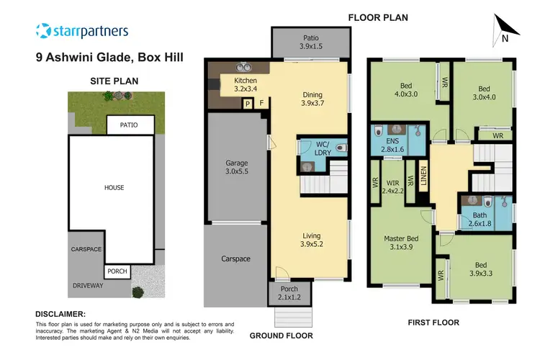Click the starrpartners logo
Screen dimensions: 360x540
81,31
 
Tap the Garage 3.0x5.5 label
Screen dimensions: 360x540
236,168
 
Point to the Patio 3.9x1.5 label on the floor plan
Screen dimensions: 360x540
310,42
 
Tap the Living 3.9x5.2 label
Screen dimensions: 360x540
311,238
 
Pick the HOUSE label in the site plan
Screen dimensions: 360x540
114,187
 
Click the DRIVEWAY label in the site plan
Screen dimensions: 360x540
89,286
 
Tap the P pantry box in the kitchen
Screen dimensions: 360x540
247,104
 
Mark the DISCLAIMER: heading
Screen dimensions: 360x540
60,314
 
